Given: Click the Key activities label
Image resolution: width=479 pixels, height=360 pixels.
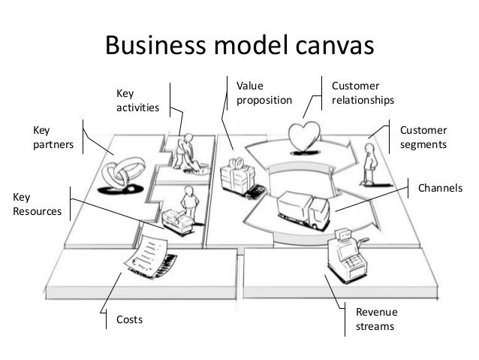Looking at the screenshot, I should tap(137, 100).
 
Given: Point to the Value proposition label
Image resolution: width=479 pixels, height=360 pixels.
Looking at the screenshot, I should tap(264, 93).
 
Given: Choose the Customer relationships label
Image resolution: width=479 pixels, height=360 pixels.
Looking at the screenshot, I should tap(363, 93).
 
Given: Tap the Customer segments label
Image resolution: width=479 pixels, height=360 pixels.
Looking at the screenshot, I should tap(423, 137).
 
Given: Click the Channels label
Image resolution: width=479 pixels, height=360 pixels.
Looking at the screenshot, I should tap(440, 188).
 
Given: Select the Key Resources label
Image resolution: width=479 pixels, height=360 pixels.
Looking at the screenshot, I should tap(37, 204).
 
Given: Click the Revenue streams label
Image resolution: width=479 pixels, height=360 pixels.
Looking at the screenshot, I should tap(376, 319).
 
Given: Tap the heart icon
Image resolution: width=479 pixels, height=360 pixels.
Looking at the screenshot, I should tap(304, 136).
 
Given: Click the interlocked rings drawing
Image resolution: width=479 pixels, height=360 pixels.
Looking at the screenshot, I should tap(122, 175).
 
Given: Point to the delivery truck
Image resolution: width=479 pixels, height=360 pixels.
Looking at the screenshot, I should tap(303, 210).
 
